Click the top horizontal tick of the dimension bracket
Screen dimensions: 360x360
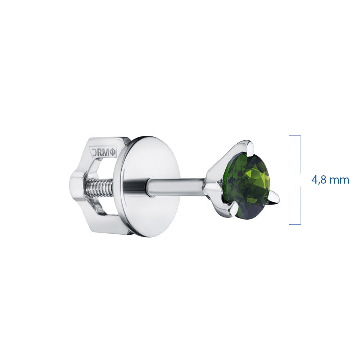click(x=294, y=136)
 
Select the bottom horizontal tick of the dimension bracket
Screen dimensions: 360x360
click(x=294, y=224)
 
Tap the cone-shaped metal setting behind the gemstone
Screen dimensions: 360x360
click(x=216, y=176)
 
